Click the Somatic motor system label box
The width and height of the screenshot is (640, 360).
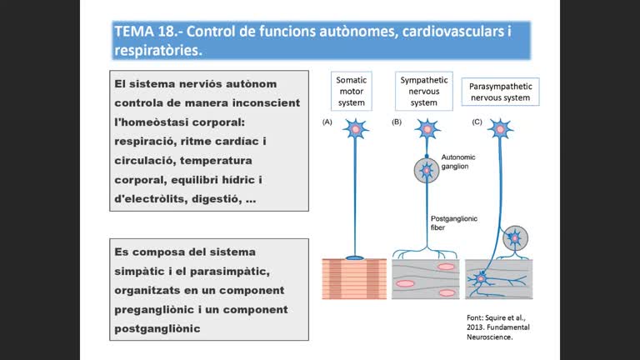[x=351, y=91]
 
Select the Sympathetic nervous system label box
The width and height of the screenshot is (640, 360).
[x=424, y=91]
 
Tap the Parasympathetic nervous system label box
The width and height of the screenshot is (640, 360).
[x=500, y=92]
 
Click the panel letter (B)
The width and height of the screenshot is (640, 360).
[x=397, y=122]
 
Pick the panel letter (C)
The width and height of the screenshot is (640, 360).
[x=477, y=122]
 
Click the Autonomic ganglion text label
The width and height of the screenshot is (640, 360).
[x=454, y=161]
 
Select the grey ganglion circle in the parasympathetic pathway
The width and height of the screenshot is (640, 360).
[x=515, y=237]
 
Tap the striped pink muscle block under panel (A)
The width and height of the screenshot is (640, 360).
[x=354, y=278]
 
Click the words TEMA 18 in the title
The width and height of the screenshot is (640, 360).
[x=144, y=32]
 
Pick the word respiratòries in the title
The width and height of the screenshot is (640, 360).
[x=157, y=51]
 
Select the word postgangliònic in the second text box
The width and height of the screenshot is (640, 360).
[x=157, y=327]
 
